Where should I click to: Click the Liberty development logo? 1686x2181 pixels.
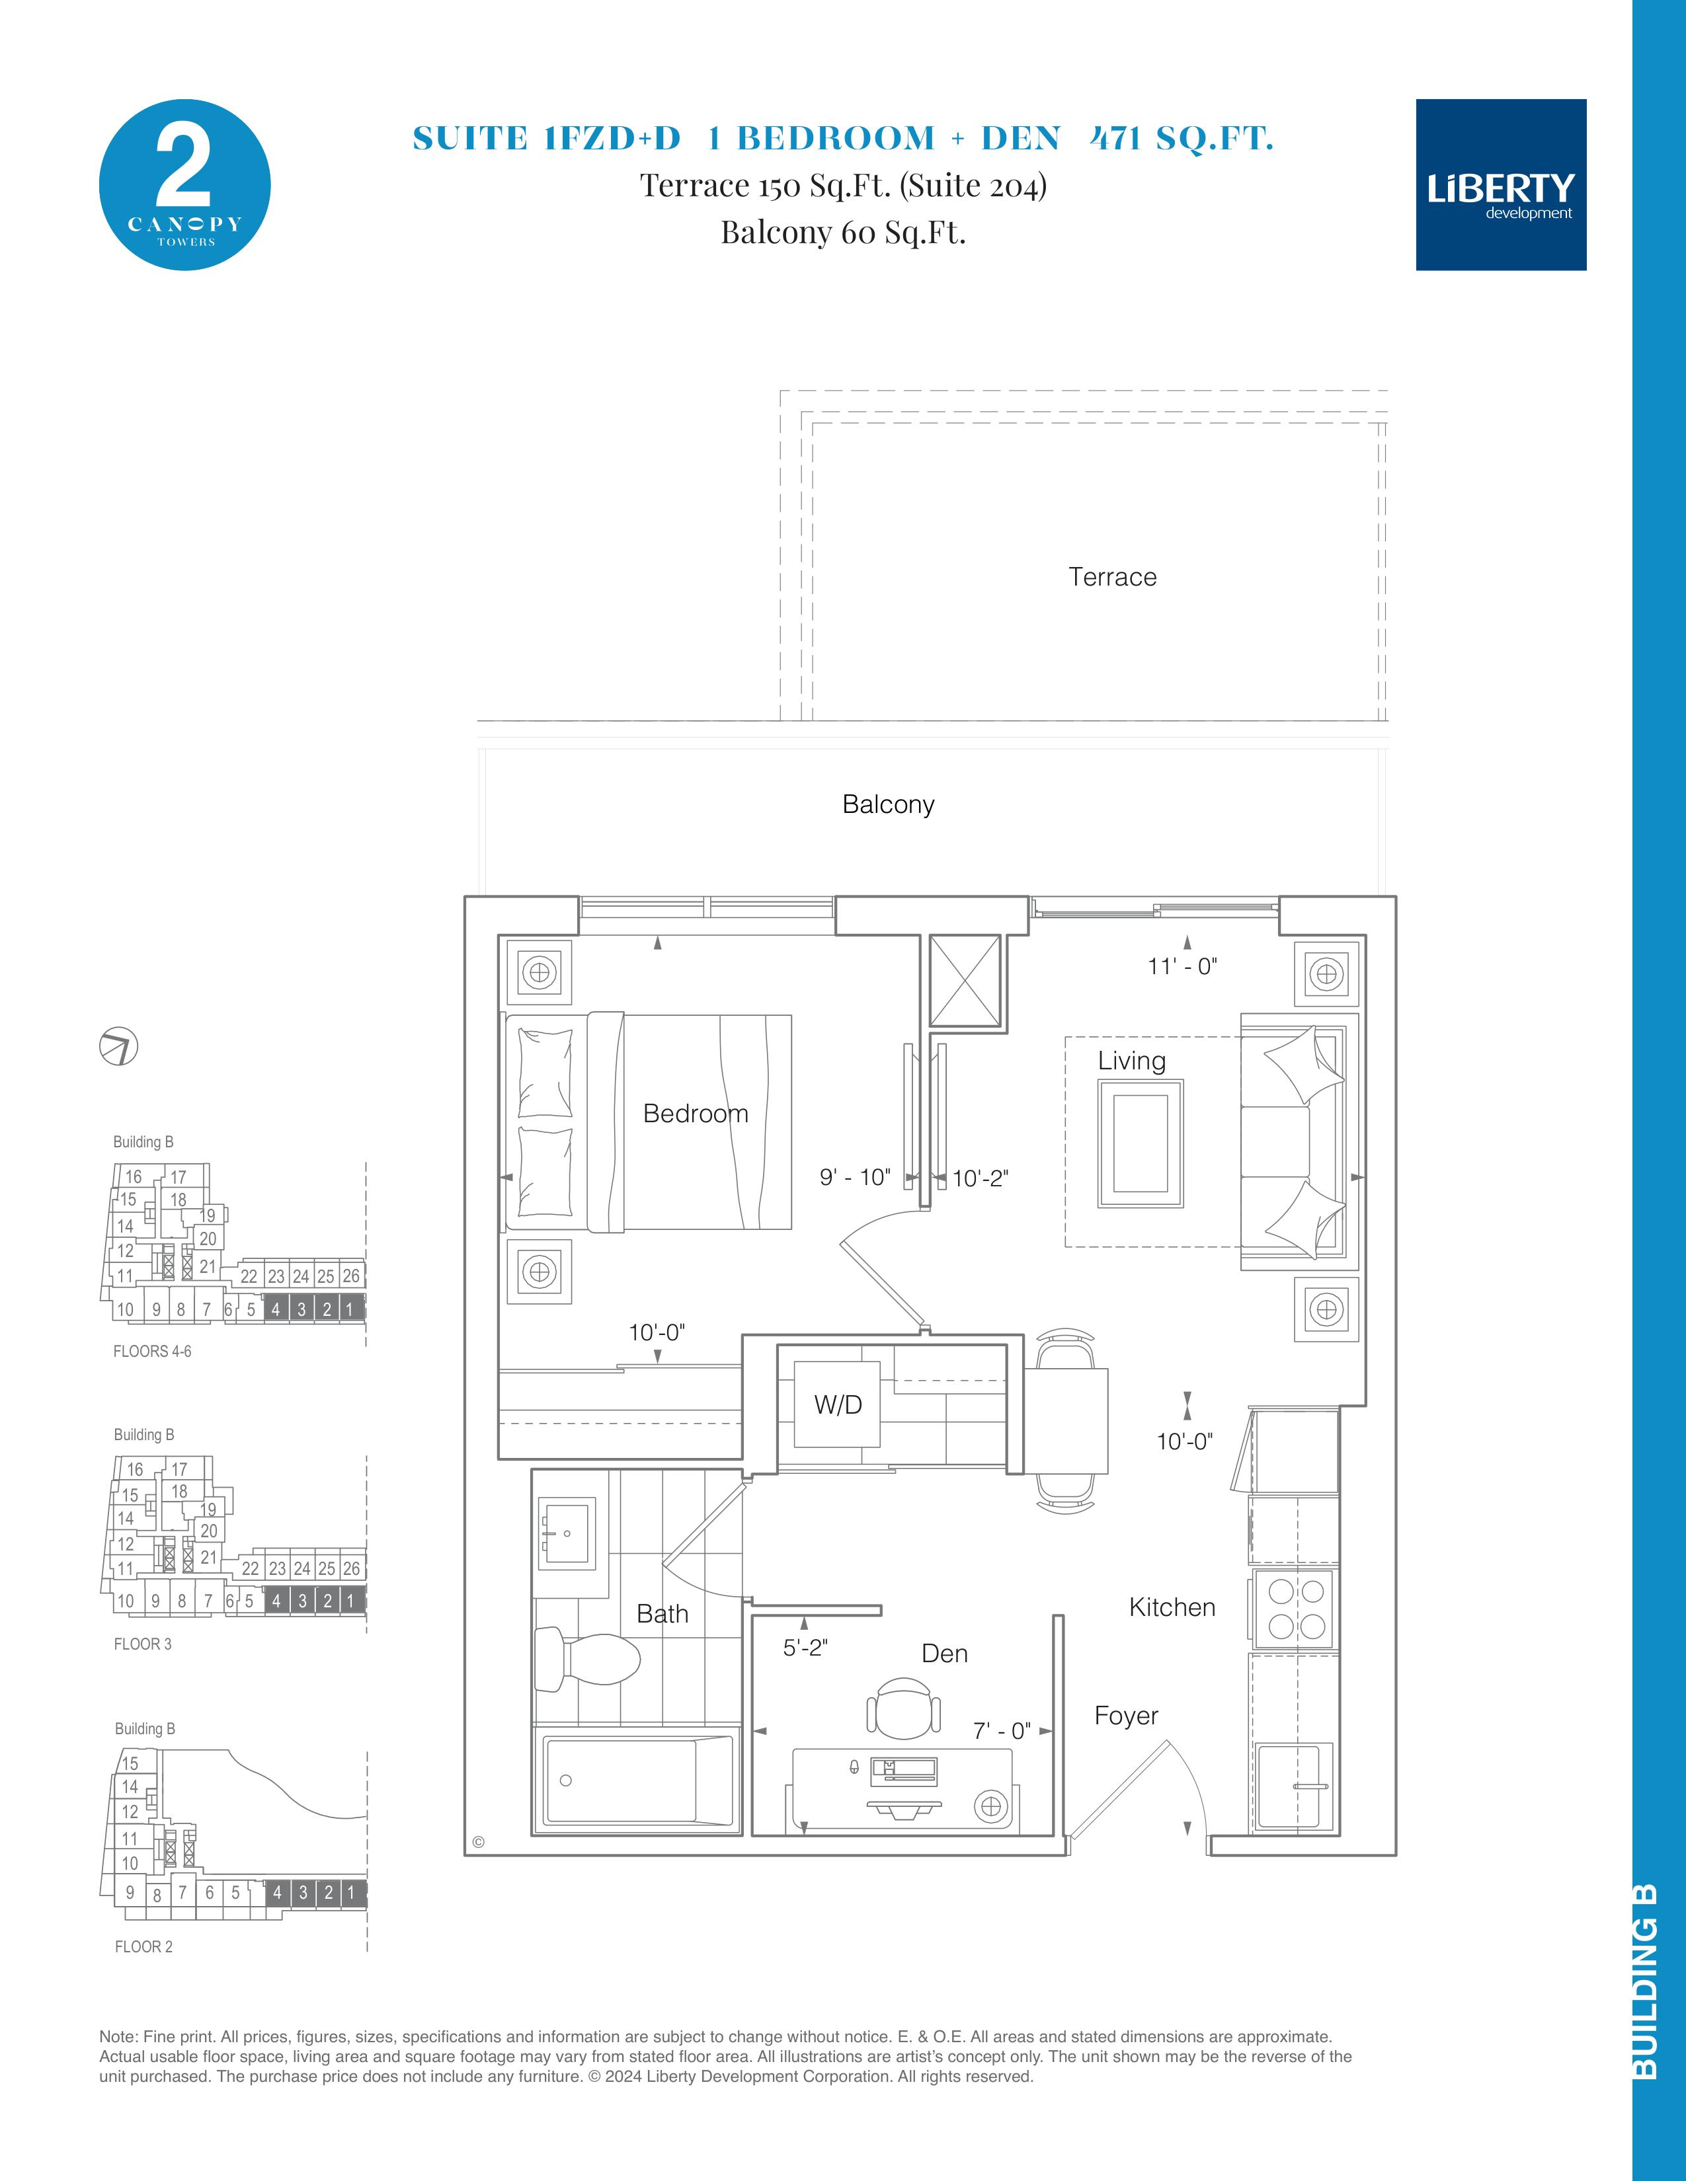(1500, 185)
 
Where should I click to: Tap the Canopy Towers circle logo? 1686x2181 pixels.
(184, 185)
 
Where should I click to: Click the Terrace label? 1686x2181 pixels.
(1113, 577)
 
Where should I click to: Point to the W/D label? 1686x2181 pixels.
(838, 1405)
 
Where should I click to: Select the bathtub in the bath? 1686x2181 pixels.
(637, 1782)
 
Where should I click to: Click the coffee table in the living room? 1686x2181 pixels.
(1141, 1143)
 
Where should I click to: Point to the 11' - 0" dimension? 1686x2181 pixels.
(1183, 967)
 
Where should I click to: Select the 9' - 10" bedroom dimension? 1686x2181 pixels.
(855, 1177)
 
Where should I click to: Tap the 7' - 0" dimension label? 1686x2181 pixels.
(1002, 1731)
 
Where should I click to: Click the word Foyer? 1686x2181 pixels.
(1126, 1716)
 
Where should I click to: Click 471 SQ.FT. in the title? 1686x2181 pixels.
(1182, 138)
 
